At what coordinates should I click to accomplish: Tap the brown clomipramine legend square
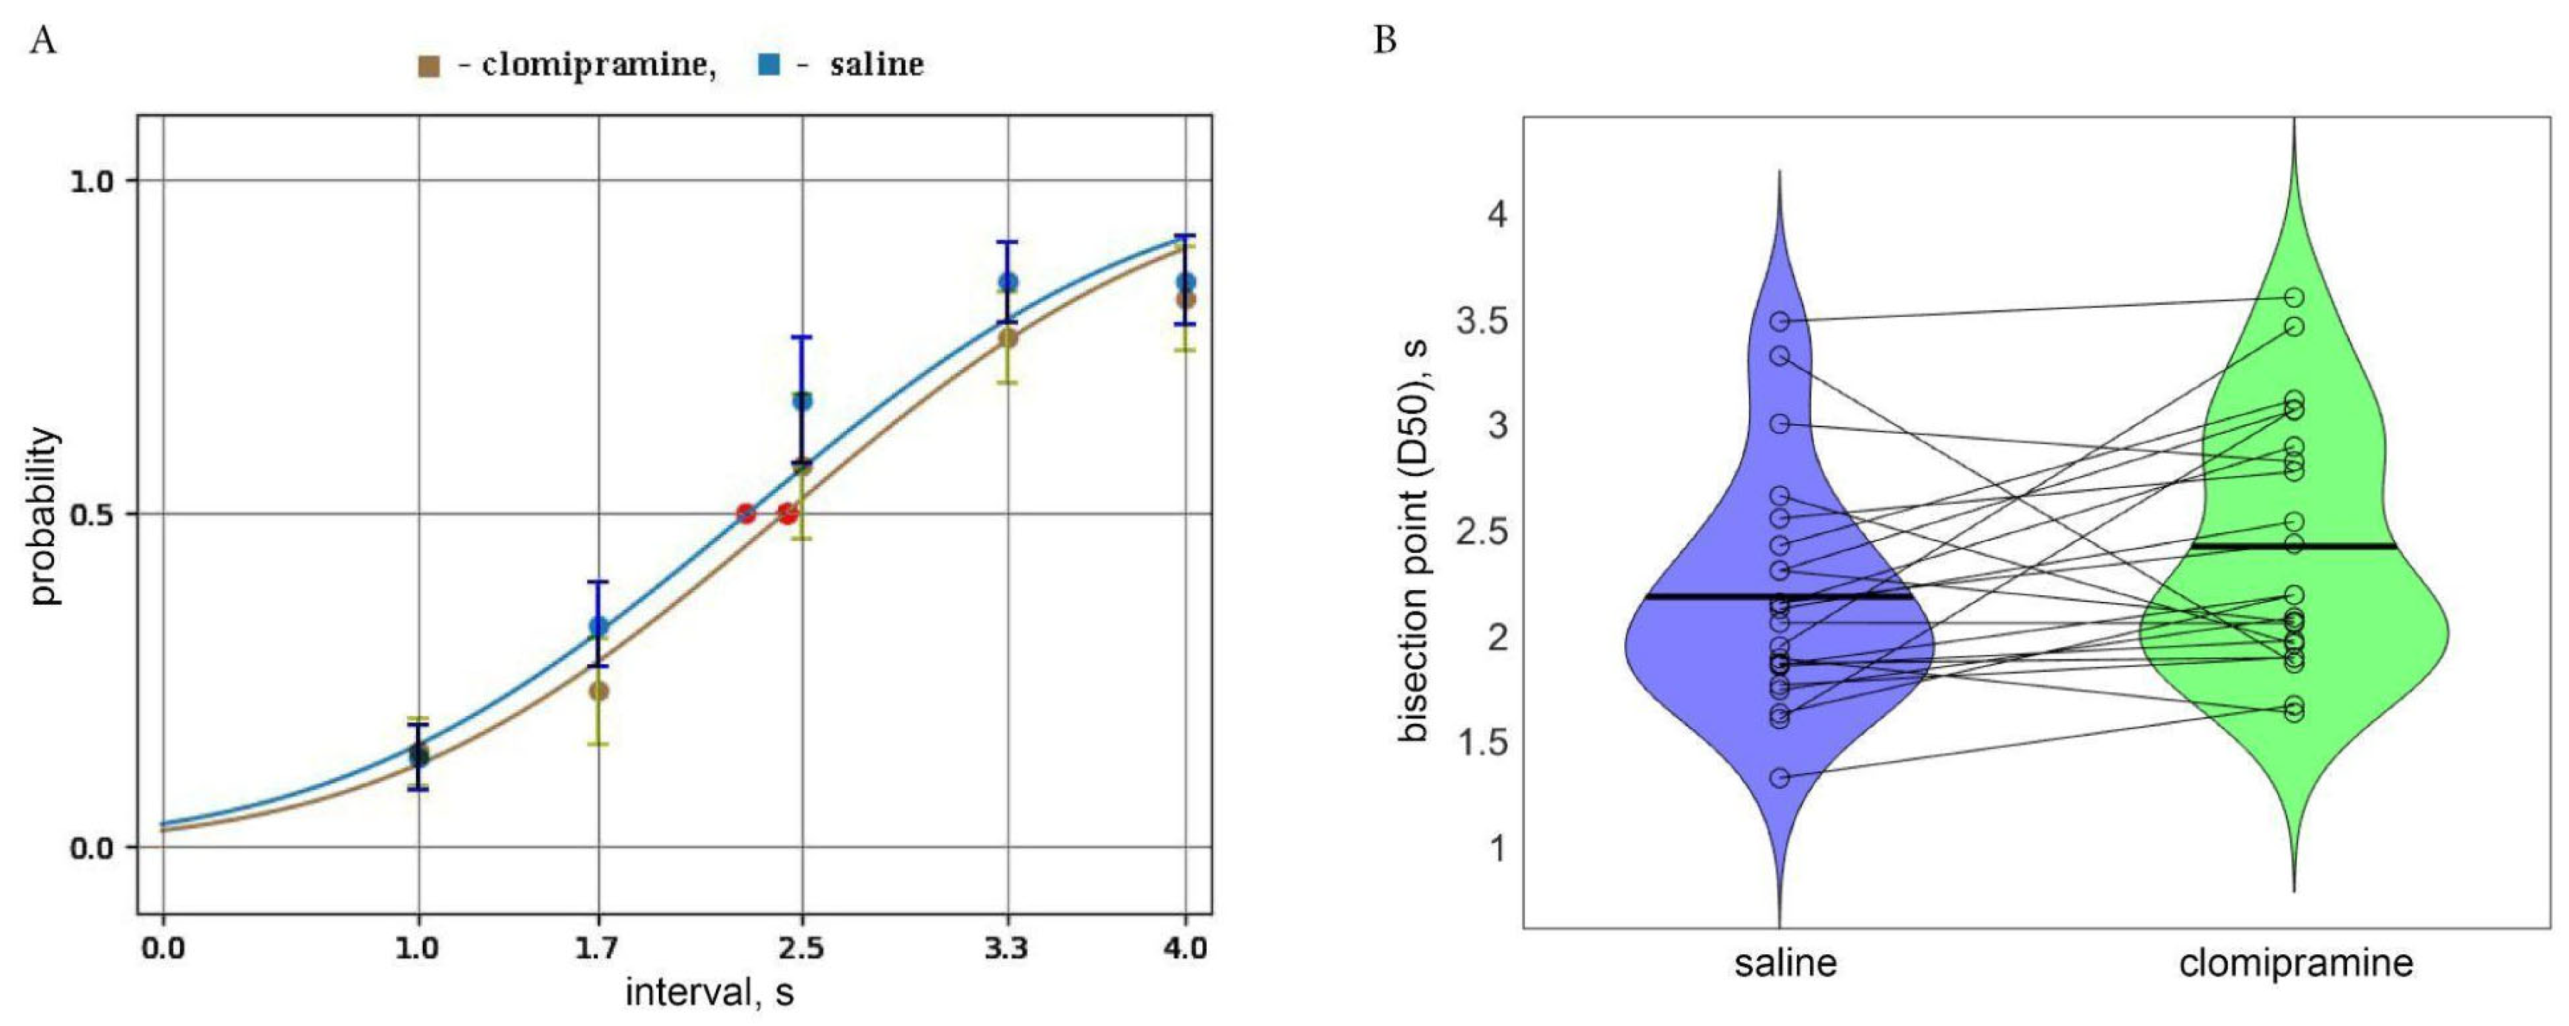[x=429, y=67]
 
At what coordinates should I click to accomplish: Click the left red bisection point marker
[x=745, y=514]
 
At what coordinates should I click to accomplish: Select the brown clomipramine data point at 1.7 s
[x=598, y=690]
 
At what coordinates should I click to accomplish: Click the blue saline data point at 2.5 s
[x=803, y=400]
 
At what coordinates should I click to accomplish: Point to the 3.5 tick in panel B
[x=1483, y=322]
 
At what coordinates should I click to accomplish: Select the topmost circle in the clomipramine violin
[x=2294, y=297]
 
